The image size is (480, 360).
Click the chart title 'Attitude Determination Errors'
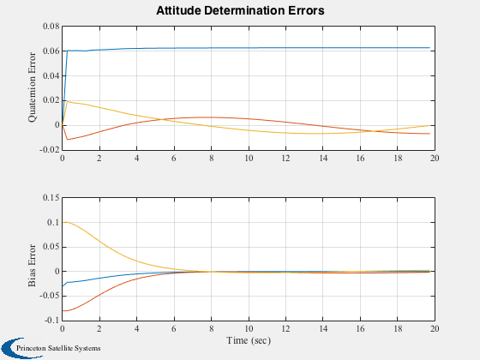tap(240, 10)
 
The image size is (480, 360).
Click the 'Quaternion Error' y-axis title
tap(32, 87)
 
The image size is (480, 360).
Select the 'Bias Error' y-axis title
tap(32, 266)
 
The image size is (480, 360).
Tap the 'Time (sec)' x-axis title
tap(249, 340)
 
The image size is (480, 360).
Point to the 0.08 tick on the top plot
tap(51, 26)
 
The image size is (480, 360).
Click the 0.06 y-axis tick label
tap(51, 51)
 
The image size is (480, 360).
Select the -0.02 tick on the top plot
tap(50, 150)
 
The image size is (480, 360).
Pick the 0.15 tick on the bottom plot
tap(51, 197)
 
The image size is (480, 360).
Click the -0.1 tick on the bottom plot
tap(52, 321)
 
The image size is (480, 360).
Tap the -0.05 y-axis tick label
tap(50, 296)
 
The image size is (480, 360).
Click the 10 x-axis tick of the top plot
tap(249, 159)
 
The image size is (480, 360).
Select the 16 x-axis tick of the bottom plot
tap(360, 329)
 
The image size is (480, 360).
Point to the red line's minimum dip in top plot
tap(68, 140)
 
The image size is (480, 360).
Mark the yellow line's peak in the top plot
tap(68, 101)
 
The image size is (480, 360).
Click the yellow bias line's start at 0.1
tap(63, 222)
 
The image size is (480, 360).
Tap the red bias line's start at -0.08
tap(63, 310)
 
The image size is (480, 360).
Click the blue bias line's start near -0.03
tap(63, 286)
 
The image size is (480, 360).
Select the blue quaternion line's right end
tap(429, 48)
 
